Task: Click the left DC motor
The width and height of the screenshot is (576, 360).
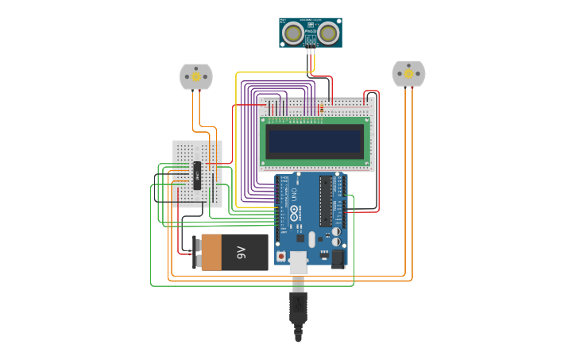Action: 196,76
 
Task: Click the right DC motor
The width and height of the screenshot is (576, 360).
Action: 408,74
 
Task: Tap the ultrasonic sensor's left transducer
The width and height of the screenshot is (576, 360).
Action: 293,33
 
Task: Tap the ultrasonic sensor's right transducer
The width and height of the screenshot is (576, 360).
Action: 328,33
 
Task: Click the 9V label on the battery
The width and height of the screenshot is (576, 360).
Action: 242,253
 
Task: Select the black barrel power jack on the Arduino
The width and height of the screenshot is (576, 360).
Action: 338,258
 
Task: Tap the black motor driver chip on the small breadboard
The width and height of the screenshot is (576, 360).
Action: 197,176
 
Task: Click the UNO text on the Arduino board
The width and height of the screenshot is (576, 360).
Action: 293,193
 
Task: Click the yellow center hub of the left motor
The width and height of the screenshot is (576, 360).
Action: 196,77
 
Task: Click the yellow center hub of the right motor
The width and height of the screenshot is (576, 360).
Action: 408,74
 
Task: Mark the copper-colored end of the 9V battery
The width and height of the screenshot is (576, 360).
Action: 211,253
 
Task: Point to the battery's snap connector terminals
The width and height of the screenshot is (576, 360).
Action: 196,253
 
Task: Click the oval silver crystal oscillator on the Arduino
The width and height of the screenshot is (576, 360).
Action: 311,239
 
